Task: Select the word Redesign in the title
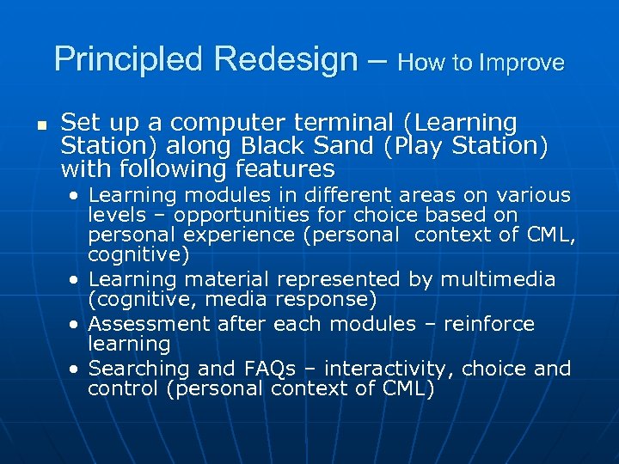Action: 287,60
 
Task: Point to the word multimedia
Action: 499,279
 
